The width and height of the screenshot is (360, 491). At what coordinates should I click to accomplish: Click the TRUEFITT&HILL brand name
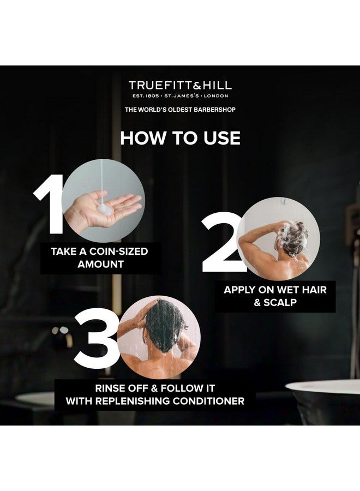point(180,85)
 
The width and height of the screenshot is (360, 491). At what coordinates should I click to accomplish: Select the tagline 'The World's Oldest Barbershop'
point(180,110)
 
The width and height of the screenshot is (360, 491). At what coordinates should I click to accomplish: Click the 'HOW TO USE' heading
point(180,137)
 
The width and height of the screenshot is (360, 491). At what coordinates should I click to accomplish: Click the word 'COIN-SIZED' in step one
point(119,252)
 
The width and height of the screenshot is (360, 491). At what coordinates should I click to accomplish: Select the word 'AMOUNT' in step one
point(100,264)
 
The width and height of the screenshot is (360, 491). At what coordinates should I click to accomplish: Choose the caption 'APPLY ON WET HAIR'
point(274,290)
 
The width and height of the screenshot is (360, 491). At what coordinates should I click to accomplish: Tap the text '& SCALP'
point(274,302)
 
